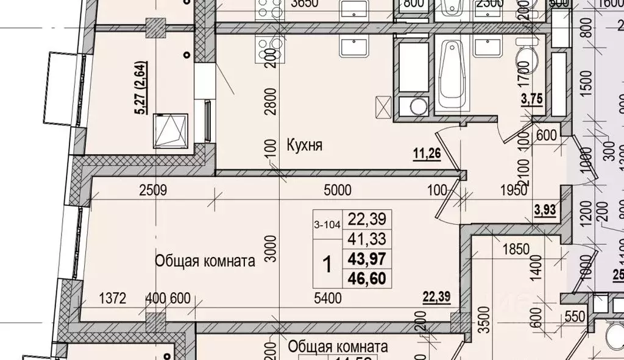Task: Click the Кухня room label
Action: [x=304, y=146]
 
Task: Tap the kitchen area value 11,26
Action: [x=427, y=154]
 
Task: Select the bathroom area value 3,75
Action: [x=532, y=100]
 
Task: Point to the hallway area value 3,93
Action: [x=546, y=211]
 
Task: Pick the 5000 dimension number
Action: [x=338, y=190]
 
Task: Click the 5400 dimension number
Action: [x=328, y=298]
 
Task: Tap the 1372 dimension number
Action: [x=112, y=298]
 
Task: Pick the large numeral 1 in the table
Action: [x=327, y=264]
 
